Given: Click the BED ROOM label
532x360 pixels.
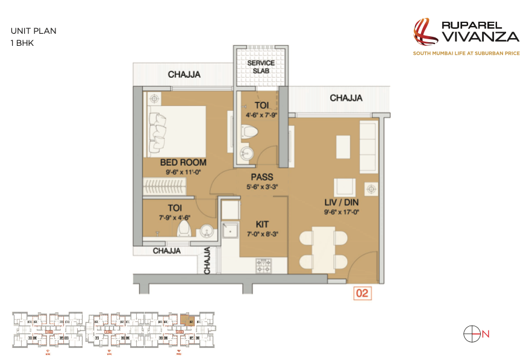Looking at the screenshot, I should click(x=183, y=162).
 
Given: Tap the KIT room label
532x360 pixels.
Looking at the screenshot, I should click(x=261, y=224).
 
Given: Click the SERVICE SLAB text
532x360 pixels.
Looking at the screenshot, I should click(x=261, y=67).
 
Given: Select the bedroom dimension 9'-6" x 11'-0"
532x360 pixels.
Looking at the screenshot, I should click(x=183, y=172).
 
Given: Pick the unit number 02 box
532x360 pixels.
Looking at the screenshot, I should click(x=361, y=294).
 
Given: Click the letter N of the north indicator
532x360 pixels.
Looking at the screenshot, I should click(x=486, y=333).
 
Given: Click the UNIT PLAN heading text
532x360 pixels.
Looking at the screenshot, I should click(x=34, y=31).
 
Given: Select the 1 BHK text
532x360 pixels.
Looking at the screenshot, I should click(x=23, y=43).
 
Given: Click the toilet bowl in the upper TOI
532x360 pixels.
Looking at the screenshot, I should click(x=249, y=132).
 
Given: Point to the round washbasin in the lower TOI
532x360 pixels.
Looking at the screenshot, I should click(x=206, y=230).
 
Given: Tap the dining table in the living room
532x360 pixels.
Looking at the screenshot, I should click(x=324, y=247).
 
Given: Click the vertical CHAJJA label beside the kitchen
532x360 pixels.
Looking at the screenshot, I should click(x=207, y=261).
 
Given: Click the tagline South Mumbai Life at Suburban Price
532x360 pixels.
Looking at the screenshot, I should click(x=466, y=54).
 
